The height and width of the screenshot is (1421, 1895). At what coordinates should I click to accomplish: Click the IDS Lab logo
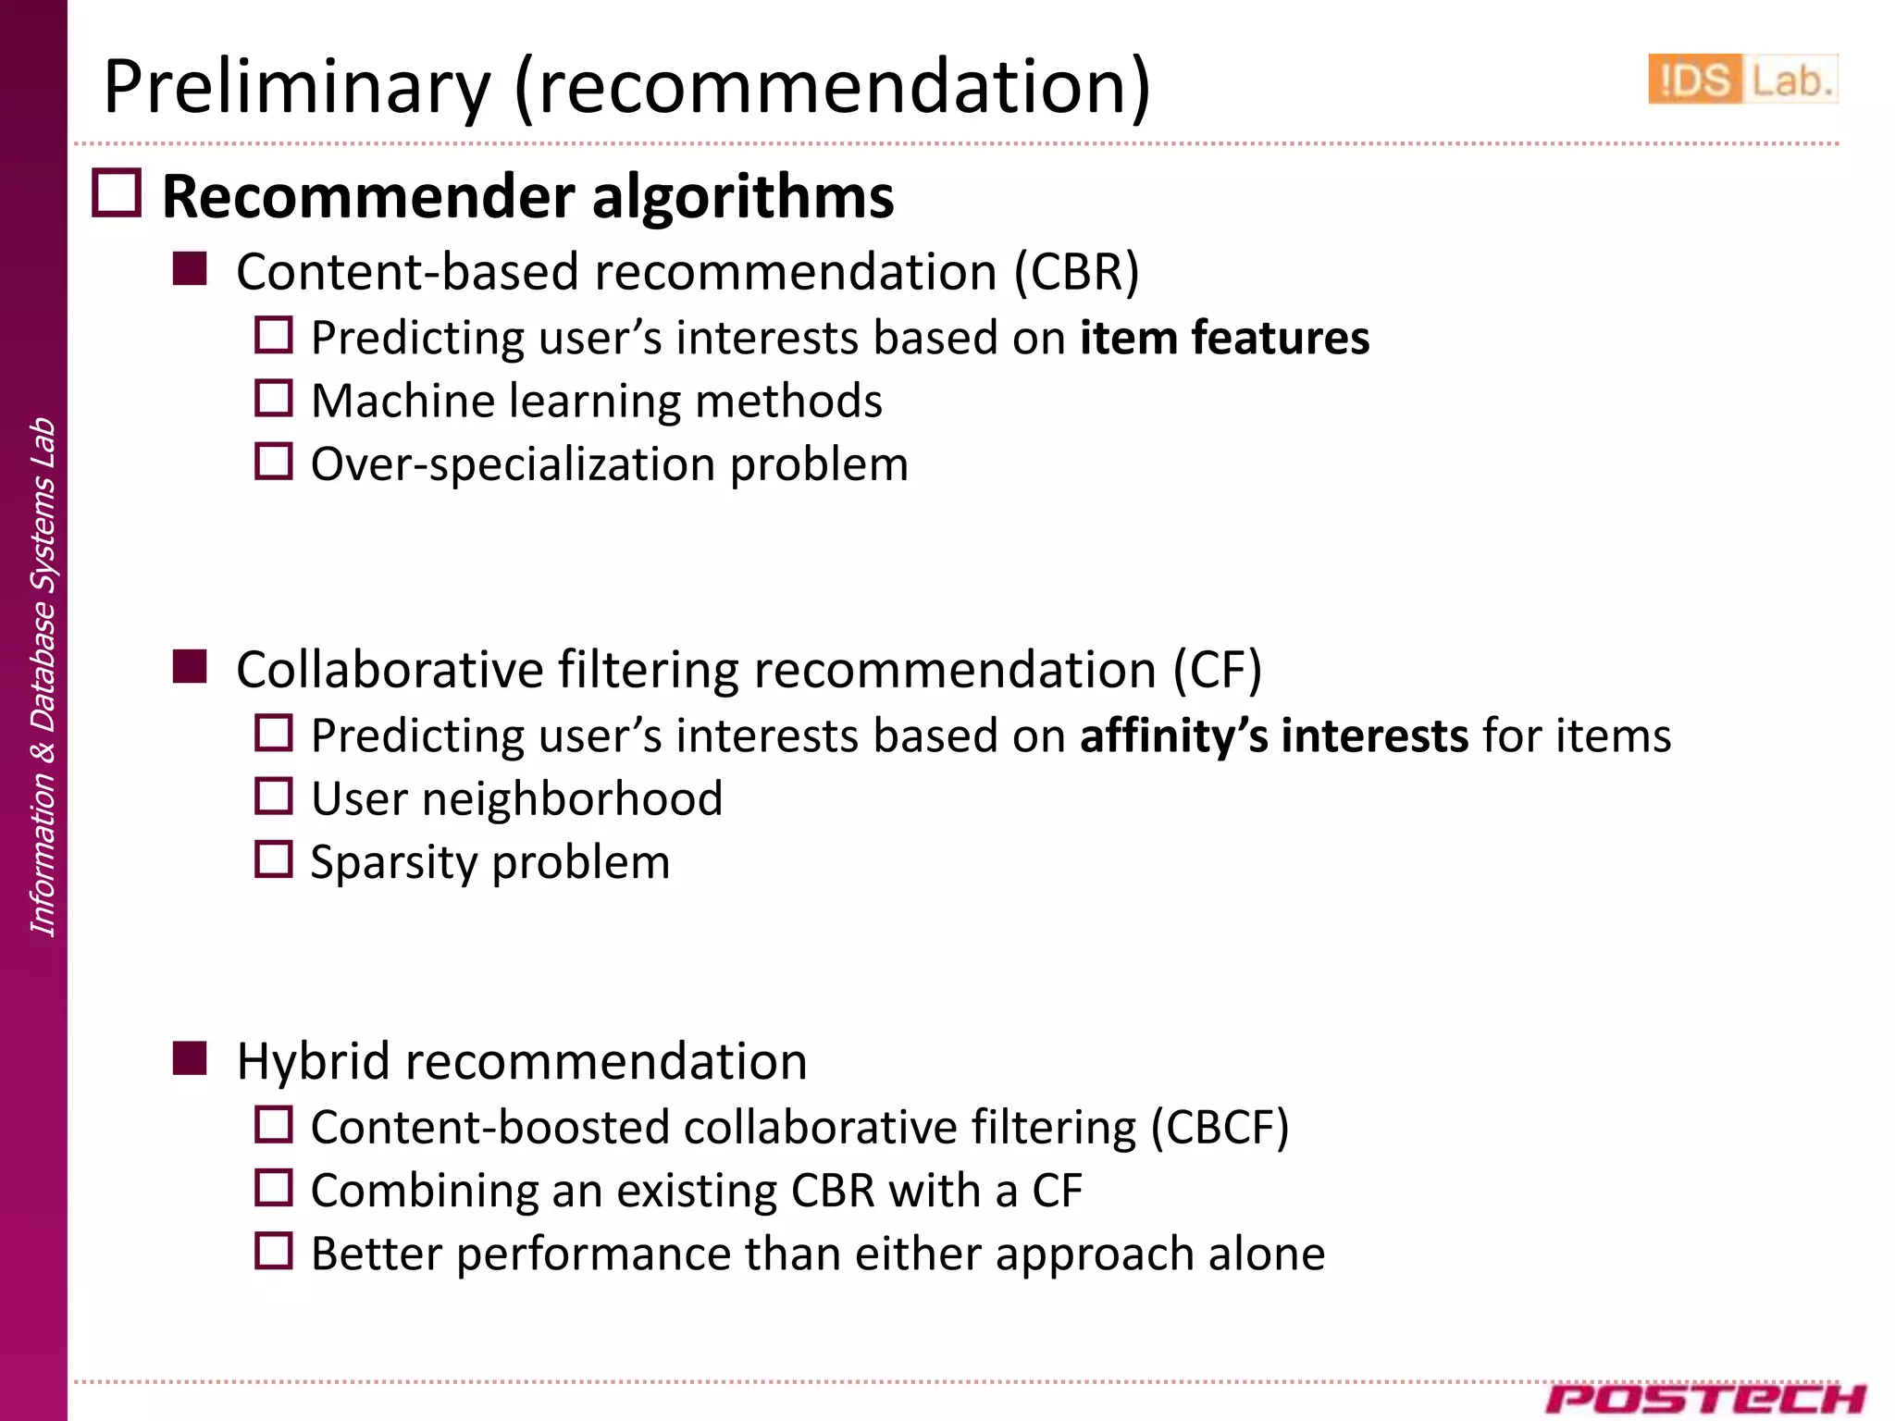click(x=1741, y=80)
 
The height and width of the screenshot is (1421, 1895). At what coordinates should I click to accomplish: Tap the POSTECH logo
click(x=1705, y=1398)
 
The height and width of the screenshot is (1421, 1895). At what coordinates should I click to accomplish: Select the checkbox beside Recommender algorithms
click(x=118, y=193)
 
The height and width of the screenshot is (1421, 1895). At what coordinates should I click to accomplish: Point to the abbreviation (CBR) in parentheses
click(x=1076, y=272)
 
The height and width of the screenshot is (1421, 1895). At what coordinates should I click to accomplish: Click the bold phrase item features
click(x=1224, y=338)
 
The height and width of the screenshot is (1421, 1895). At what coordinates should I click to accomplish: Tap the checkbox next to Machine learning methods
click(x=274, y=399)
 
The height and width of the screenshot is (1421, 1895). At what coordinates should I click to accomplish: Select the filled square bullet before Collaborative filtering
click(x=190, y=667)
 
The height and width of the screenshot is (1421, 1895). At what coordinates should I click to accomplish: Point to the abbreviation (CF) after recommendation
click(x=1217, y=670)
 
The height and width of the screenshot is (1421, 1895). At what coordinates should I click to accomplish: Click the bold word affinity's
click(x=1173, y=736)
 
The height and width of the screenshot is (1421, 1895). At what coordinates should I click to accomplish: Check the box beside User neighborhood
click(x=274, y=797)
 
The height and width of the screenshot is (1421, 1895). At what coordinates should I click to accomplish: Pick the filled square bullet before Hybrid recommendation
click(x=190, y=1058)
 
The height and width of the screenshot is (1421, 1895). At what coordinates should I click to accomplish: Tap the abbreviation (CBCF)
click(x=1220, y=1128)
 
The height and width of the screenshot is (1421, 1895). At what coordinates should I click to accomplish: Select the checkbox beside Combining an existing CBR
click(x=274, y=1188)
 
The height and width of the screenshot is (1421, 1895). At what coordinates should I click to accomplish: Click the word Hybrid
click(x=314, y=1061)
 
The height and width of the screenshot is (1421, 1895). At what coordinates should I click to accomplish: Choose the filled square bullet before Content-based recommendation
click(x=190, y=269)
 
